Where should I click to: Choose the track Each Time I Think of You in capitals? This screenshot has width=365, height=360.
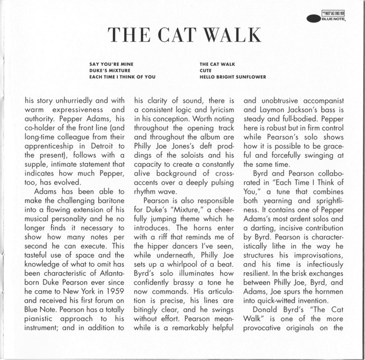click(122, 77)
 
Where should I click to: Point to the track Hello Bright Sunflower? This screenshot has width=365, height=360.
click(232, 77)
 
